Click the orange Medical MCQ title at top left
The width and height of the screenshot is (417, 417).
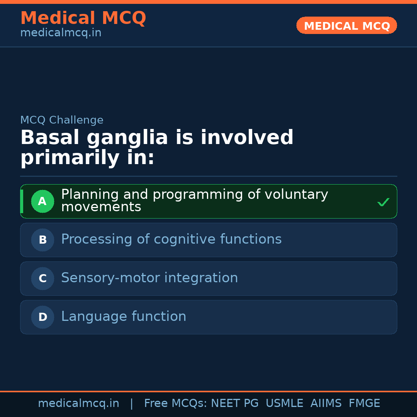pyautogui.click(x=83, y=18)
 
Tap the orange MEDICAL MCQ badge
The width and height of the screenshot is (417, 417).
pyautogui.click(x=347, y=25)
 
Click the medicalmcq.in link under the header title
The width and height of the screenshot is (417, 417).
pyautogui.click(x=61, y=33)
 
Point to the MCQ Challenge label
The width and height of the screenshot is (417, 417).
pyautogui.click(x=62, y=120)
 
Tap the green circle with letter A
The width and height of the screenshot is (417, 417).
pyautogui.click(x=42, y=201)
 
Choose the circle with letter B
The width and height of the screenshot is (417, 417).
pyautogui.click(x=42, y=240)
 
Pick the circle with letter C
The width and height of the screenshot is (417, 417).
pyautogui.click(x=42, y=278)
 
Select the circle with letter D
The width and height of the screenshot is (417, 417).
pyautogui.click(x=42, y=317)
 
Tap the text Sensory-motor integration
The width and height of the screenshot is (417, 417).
pyautogui.click(x=149, y=278)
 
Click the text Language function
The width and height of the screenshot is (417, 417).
pyautogui.click(x=124, y=317)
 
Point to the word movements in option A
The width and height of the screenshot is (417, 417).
pyautogui.click(x=101, y=207)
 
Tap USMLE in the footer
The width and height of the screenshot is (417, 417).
pyautogui.click(x=284, y=403)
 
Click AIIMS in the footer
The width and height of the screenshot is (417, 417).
pyautogui.click(x=326, y=403)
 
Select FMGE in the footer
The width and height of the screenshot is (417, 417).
pyautogui.click(x=364, y=403)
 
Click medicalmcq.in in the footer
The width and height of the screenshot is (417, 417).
pyautogui.click(x=78, y=403)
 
